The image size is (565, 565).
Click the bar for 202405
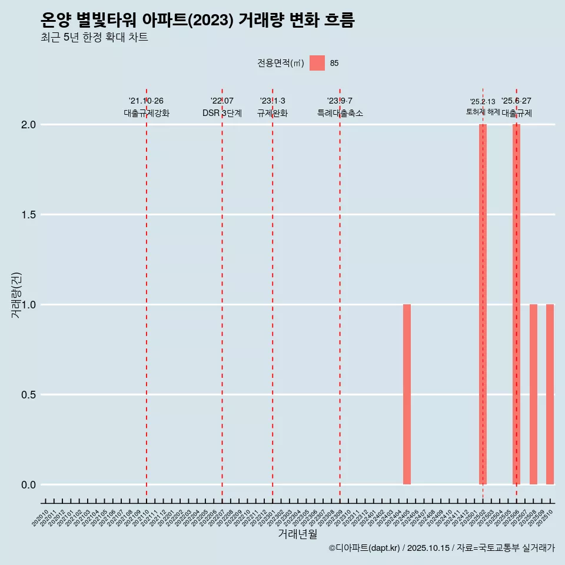tap(407, 394)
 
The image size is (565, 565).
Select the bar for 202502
tap(483, 304)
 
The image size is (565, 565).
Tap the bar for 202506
tap(516, 304)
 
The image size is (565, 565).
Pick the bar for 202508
tap(533, 394)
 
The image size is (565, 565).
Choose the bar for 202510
tap(550, 394)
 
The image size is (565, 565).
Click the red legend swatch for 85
tap(317, 63)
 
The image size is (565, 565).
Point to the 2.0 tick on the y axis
tap(29, 125)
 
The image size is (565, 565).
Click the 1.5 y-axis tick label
tap(29, 215)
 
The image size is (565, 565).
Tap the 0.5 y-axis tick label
tap(29, 395)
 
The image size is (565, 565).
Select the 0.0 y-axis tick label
tap(29, 485)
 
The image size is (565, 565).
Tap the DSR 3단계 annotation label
tap(222, 113)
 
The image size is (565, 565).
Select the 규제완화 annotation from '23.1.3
tap(272, 113)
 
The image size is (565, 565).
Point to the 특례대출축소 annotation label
tap(340, 113)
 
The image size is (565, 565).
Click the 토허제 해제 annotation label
tap(483, 112)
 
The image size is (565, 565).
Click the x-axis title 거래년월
tap(297, 534)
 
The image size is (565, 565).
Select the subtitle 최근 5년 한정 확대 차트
tap(94, 38)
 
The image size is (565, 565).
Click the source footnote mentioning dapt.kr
tap(441, 548)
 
